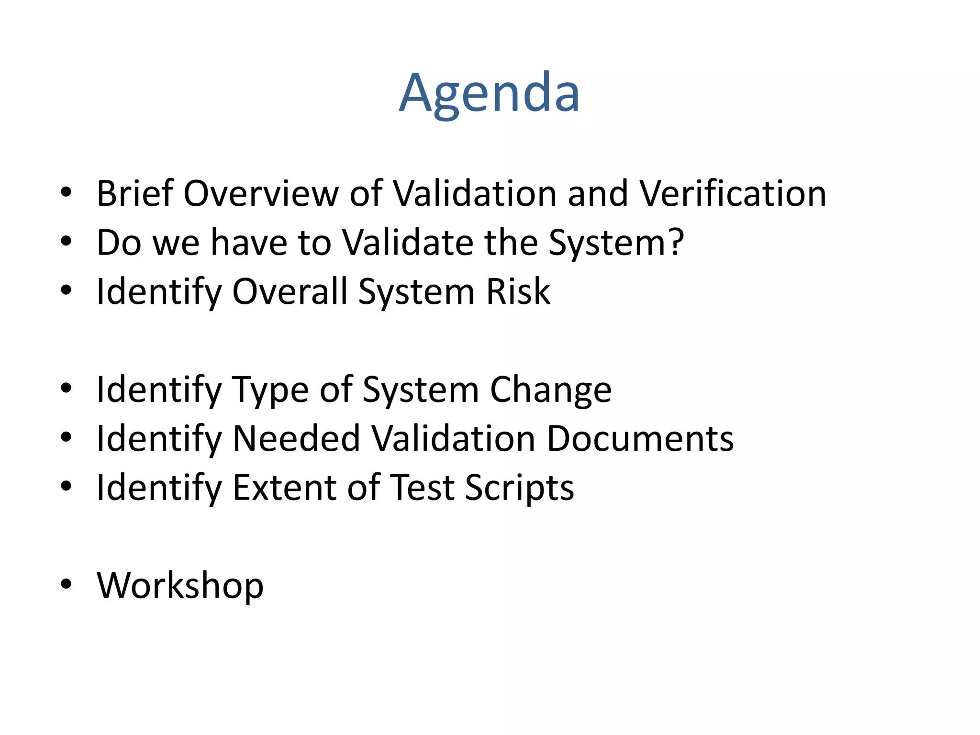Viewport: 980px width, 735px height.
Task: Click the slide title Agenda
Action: point(490,93)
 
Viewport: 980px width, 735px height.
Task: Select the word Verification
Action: point(733,194)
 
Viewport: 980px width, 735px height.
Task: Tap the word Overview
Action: point(261,194)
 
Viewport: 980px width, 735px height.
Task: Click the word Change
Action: point(551,390)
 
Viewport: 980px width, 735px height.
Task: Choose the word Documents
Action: point(640,439)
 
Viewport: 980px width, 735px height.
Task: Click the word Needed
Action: point(296,439)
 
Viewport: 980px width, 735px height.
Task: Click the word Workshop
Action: point(180,585)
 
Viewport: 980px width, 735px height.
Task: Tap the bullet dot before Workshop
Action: point(66,584)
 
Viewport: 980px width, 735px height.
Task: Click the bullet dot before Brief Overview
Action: point(66,192)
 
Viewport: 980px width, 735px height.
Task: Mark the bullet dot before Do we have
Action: point(66,241)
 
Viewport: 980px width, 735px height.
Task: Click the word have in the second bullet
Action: point(248,243)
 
